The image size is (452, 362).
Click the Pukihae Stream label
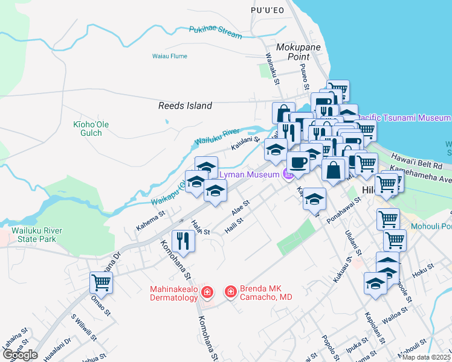click(x=215, y=32)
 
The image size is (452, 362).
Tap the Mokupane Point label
click(x=292, y=52)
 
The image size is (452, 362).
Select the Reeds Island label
click(x=185, y=106)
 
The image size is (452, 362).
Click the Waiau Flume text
click(x=170, y=56)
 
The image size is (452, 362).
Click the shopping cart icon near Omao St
click(x=101, y=281)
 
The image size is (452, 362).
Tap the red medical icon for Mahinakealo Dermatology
click(x=207, y=293)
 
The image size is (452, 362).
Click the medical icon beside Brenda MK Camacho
click(x=230, y=293)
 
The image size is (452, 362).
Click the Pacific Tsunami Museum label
click(x=404, y=117)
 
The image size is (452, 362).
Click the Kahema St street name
click(x=150, y=217)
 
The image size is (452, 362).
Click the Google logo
click(x=21, y=354)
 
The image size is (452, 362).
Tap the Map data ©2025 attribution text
click(x=427, y=357)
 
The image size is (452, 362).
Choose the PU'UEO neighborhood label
click(x=267, y=11)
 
